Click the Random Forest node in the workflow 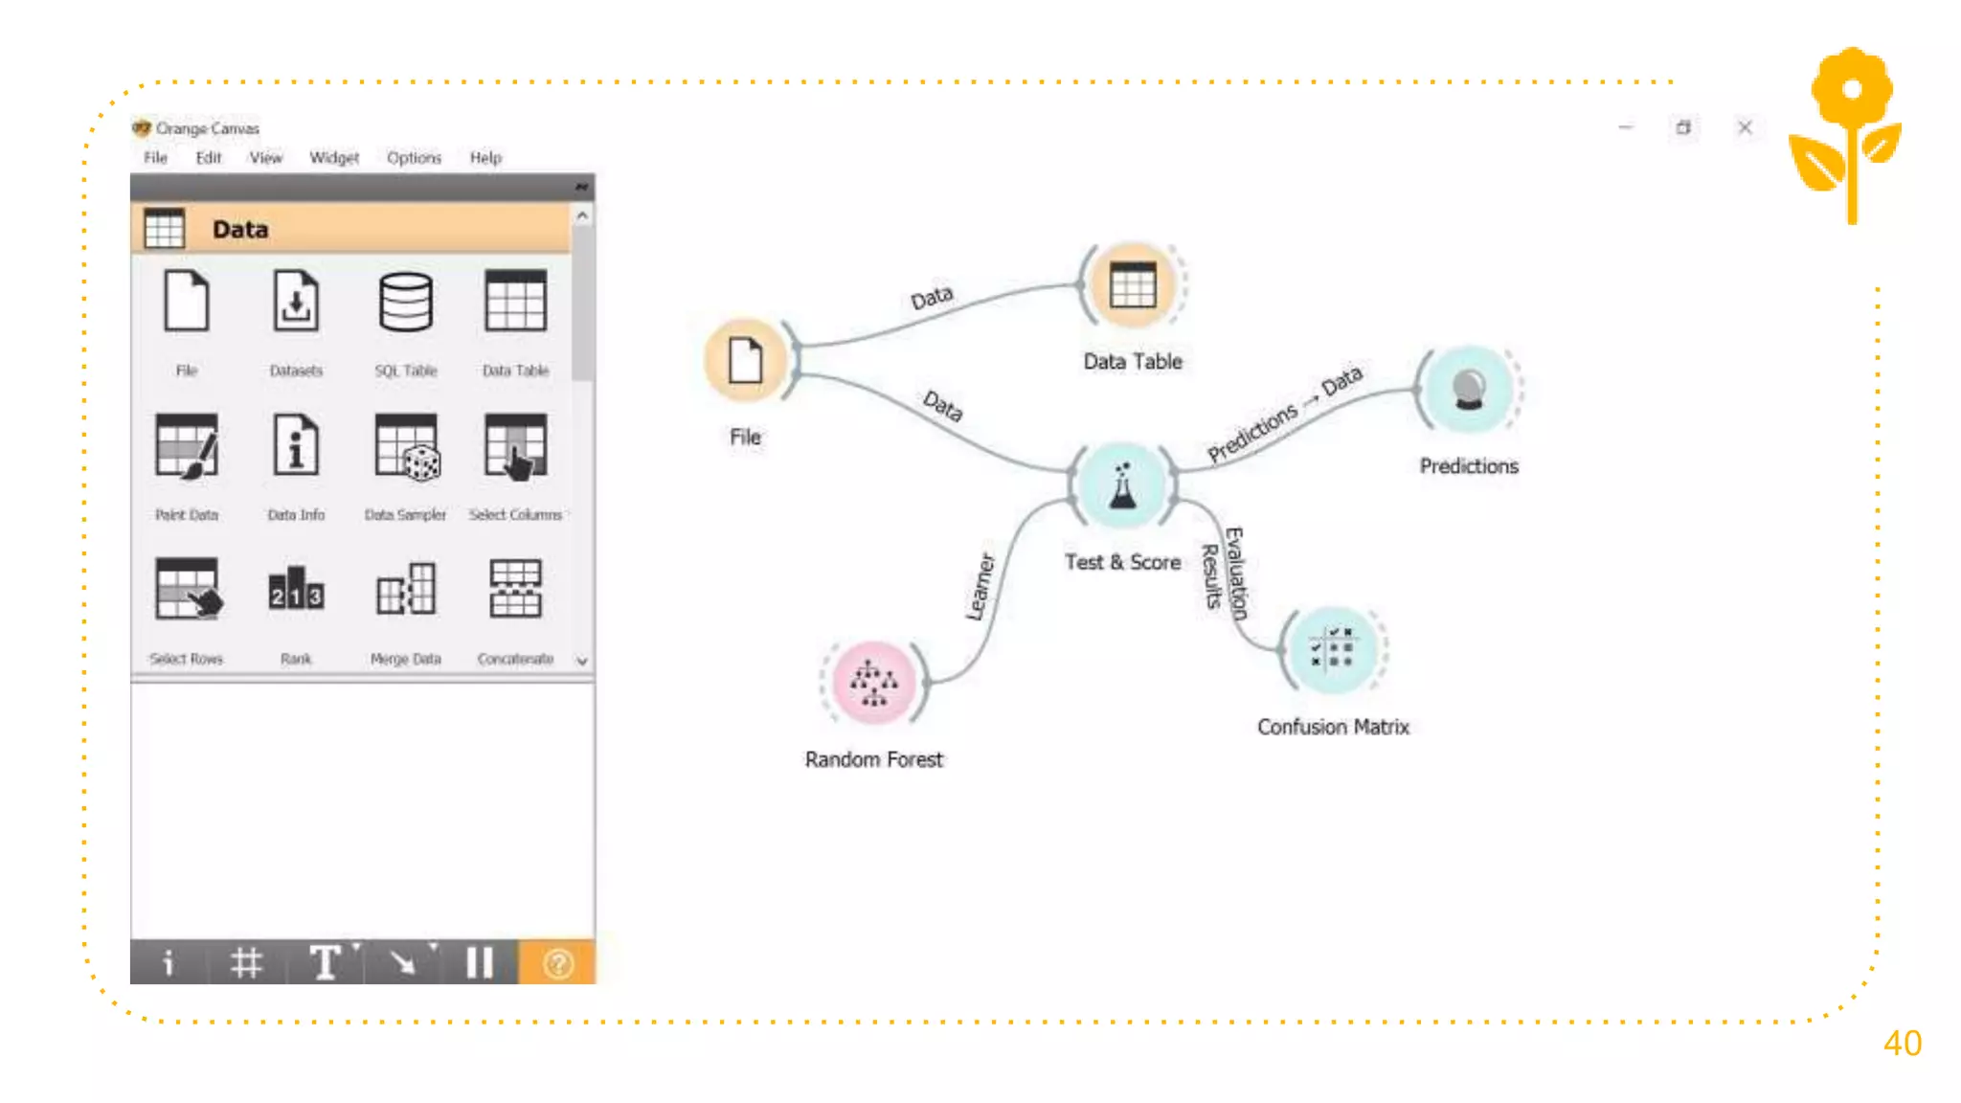(x=873, y=682)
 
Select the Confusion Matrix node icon (x=1332, y=650)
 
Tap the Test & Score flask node (x=1122, y=485)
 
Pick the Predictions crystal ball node (x=1468, y=389)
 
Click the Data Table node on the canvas (x=1133, y=285)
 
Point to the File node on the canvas (x=745, y=360)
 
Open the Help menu (x=485, y=158)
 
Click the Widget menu (x=334, y=158)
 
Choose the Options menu (x=414, y=158)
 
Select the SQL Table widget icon (x=406, y=303)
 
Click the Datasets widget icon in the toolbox (x=296, y=303)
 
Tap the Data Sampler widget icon (x=406, y=446)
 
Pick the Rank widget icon (x=296, y=589)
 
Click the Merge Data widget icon (x=406, y=589)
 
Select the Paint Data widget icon (x=187, y=446)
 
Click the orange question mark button (x=557, y=963)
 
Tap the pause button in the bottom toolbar (x=479, y=963)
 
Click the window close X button (x=1745, y=127)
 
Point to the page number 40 (x=1902, y=1044)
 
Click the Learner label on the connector (x=980, y=586)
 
